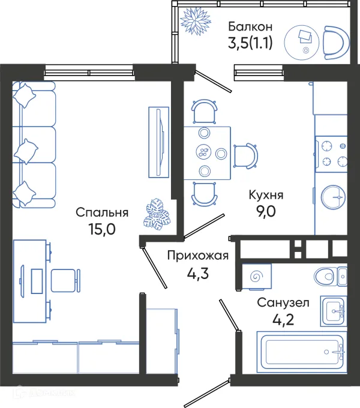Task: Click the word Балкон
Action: tap(251, 26)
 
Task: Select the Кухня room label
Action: tap(266, 196)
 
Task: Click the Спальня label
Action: tap(102, 212)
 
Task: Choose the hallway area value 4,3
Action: tap(198, 274)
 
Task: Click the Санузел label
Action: tap(283, 303)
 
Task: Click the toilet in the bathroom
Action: tap(329, 276)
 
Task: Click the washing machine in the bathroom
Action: tap(257, 277)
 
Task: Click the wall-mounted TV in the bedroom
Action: tap(157, 142)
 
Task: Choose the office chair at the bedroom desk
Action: tap(65, 280)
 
